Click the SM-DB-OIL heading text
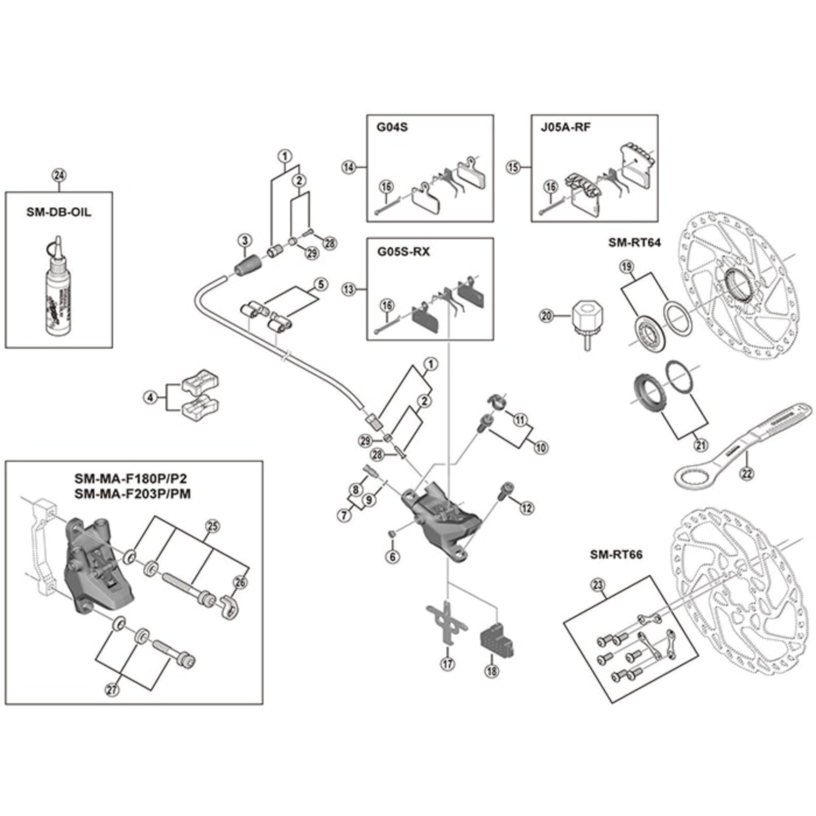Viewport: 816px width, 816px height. point(59,212)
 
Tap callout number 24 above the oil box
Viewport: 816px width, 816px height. point(59,175)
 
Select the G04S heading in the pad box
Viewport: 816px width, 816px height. point(392,127)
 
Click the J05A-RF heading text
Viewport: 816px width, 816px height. point(565,127)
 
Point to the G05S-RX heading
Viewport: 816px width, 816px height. point(403,252)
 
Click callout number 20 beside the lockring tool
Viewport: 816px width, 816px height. point(547,315)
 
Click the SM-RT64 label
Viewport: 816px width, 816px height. point(634,242)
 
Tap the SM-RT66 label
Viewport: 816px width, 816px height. point(616,554)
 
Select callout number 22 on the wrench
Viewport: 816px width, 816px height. point(747,474)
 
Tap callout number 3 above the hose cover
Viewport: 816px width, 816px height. point(245,241)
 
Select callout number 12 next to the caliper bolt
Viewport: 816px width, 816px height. point(527,508)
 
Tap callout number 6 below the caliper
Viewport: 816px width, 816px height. point(392,557)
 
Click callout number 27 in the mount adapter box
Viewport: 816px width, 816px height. point(112,690)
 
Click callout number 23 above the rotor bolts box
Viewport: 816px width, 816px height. point(598,585)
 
